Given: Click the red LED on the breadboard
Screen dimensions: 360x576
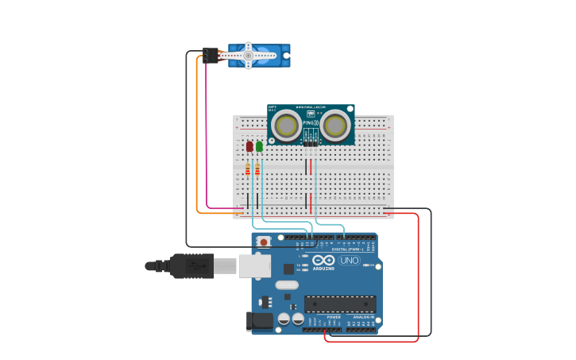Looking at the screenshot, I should (249, 146).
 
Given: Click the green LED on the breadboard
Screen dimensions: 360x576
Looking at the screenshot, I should (259, 146).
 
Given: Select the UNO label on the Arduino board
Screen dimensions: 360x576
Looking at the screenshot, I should (349, 260).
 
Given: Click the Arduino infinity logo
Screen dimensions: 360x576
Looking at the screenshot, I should (323, 260).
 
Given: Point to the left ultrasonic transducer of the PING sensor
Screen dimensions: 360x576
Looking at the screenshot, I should (286, 125).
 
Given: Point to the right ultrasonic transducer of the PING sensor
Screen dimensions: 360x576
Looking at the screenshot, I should (336, 125).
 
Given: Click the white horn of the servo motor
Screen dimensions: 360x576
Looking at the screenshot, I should (248, 56).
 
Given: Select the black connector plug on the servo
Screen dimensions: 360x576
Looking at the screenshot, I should (211, 55).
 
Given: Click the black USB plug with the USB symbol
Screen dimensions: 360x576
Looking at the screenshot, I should (191, 266).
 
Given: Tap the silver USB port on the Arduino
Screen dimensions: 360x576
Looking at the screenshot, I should (254, 266).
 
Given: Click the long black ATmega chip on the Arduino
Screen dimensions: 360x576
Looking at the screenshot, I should (340, 304).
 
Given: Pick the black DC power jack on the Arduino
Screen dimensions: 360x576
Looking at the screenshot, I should (260, 321).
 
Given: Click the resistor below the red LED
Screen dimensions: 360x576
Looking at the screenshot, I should (248, 169).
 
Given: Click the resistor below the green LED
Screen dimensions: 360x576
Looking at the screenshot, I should (257, 169).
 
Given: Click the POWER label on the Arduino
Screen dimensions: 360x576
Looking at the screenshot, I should (334, 317).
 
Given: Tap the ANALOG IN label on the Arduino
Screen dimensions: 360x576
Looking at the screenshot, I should (364, 317).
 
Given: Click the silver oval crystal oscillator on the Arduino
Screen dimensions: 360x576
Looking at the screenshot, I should (287, 285).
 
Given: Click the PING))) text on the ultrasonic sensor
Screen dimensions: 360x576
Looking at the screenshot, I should (311, 123).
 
